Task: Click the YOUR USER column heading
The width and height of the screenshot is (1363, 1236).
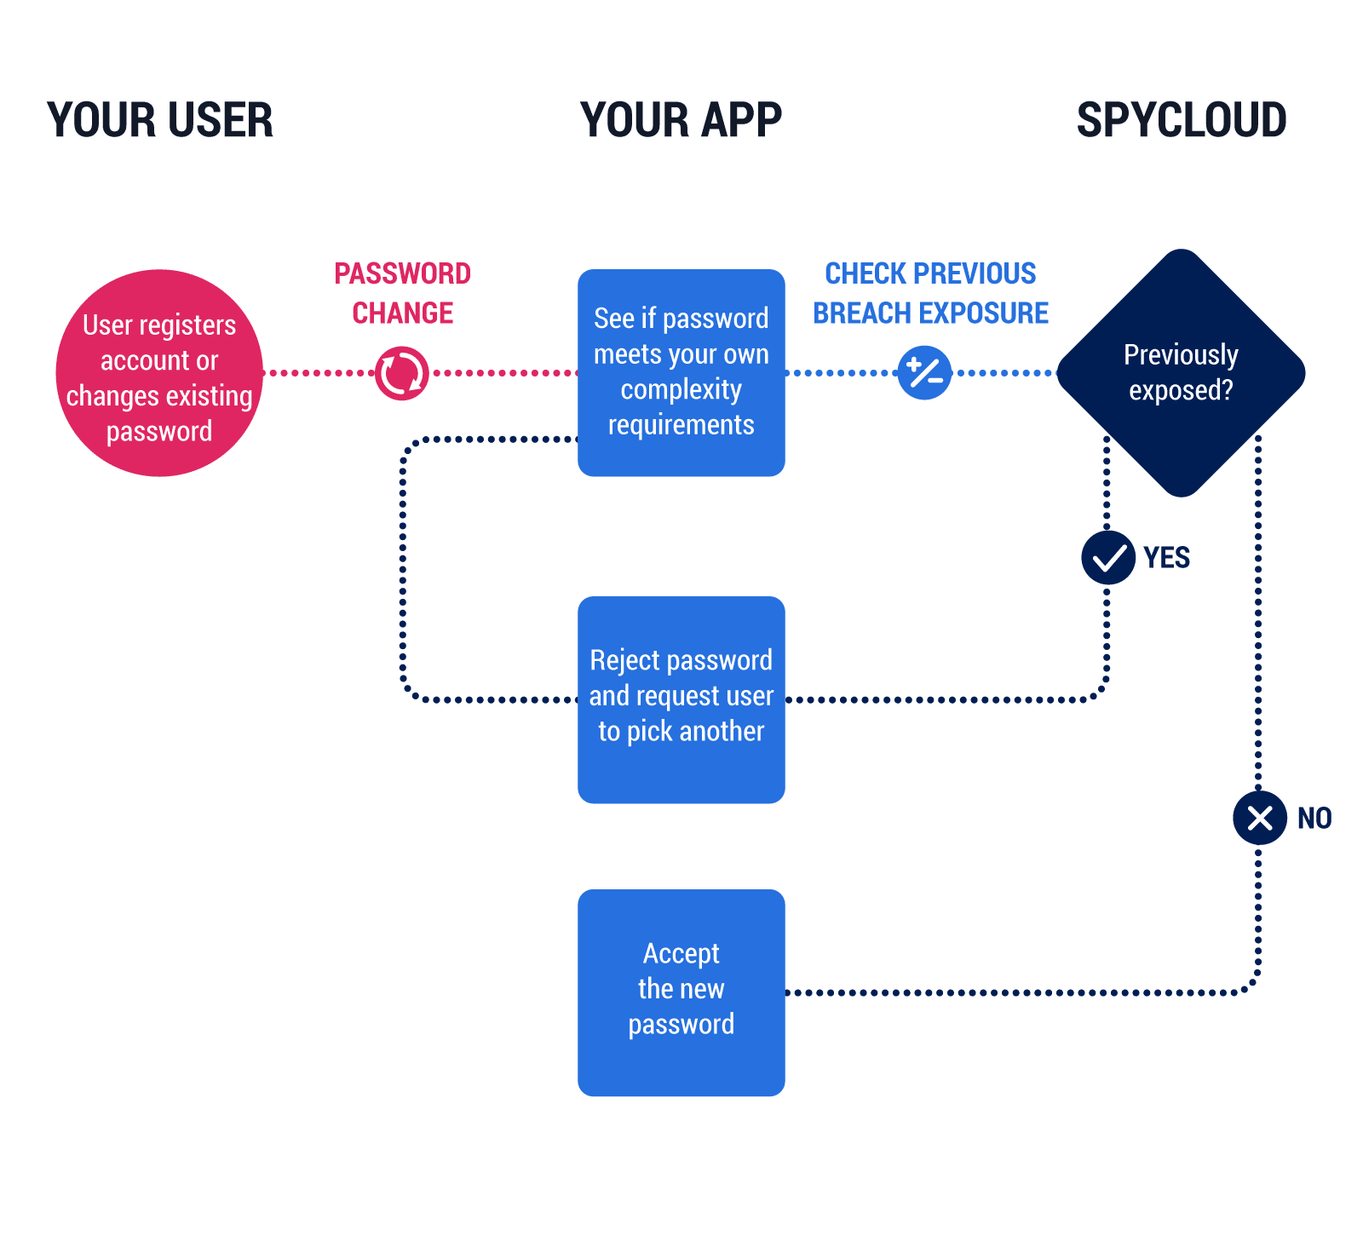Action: [160, 120]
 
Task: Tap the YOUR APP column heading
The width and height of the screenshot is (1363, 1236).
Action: [681, 120]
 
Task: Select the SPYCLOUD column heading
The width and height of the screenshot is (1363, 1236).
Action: [1182, 120]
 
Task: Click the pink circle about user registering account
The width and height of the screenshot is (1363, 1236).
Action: [159, 373]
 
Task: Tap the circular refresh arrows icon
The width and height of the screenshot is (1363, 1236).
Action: [401, 373]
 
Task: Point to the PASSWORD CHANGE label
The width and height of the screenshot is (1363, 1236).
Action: [402, 293]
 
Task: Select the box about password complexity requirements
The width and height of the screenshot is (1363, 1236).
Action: [681, 373]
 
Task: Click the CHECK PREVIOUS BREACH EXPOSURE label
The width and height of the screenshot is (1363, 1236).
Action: [930, 293]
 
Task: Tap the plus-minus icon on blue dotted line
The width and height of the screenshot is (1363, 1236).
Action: [924, 373]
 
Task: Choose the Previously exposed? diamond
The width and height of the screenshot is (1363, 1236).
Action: [1182, 373]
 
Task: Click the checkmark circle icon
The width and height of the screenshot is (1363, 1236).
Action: [1108, 558]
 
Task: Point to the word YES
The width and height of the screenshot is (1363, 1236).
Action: [1166, 558]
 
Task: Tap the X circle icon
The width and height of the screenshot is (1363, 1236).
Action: [1259, 818]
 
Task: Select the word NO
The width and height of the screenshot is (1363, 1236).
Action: [1314, 818]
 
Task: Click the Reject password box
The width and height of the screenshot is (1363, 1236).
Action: [681, 699]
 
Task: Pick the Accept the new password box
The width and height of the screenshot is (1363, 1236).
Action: [681, 992]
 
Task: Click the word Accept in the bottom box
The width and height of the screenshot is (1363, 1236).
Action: [681, 953]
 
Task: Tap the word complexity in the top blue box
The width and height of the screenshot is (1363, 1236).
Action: [681, 389]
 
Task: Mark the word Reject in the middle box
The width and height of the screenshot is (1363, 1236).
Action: [625, 661]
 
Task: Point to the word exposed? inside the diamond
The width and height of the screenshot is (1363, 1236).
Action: [1181, 390]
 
